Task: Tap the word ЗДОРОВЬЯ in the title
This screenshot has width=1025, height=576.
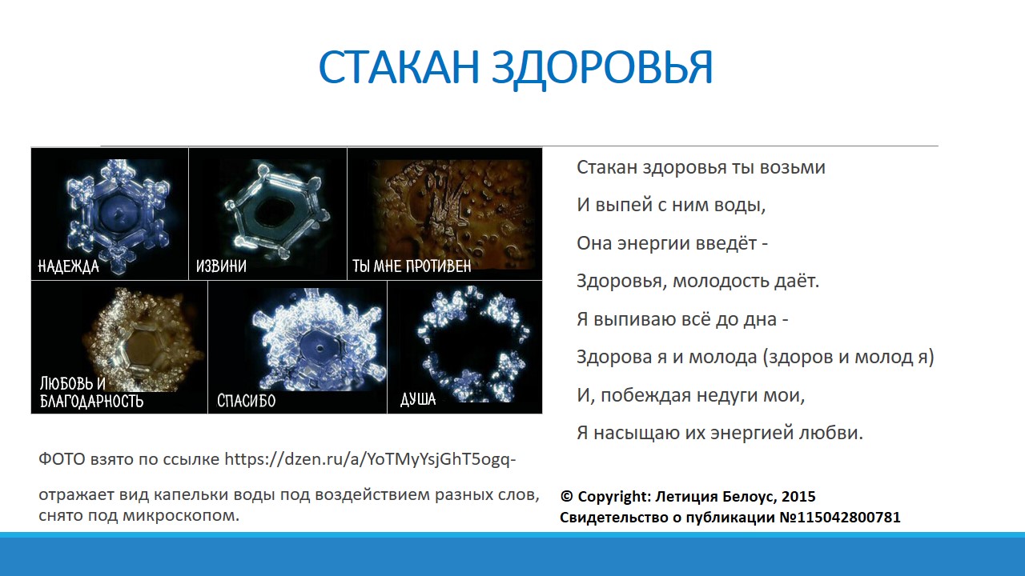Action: coord(602,69)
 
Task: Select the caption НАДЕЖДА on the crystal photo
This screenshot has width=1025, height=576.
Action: coord(68,266)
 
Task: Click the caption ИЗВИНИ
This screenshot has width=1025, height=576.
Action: coord(221,266)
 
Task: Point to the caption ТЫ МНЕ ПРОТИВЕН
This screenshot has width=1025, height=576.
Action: coord(412,266)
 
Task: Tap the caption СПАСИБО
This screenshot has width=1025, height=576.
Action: coord(246,401)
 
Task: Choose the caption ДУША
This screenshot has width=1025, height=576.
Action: coord(418,399)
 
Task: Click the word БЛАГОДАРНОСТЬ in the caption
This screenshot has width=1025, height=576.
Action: coord(91,401)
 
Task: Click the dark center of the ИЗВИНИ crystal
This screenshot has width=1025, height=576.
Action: coord(274,213)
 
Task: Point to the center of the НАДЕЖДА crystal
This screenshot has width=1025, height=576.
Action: coord(120,213)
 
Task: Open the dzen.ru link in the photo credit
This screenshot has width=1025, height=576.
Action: coord(370,459)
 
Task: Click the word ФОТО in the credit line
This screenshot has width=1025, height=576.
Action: coord(62,459)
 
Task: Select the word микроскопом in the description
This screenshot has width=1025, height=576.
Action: coord(181,516)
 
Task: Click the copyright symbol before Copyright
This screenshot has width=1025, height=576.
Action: coord(566,496)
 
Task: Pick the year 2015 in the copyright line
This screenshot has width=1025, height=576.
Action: coord(798,497)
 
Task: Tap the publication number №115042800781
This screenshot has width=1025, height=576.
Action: coord(840,517)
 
